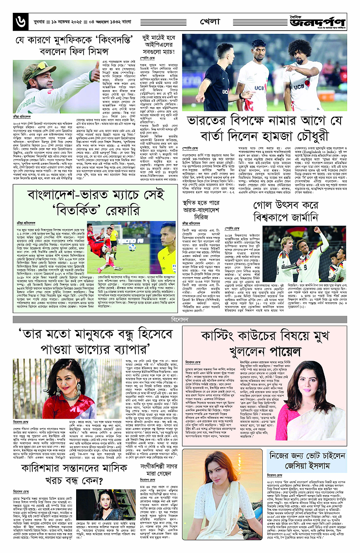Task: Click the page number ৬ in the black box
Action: tap(19, 22)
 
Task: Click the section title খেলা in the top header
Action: tap(210, 21)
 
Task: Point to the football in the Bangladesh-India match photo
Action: tap(132, 247)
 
